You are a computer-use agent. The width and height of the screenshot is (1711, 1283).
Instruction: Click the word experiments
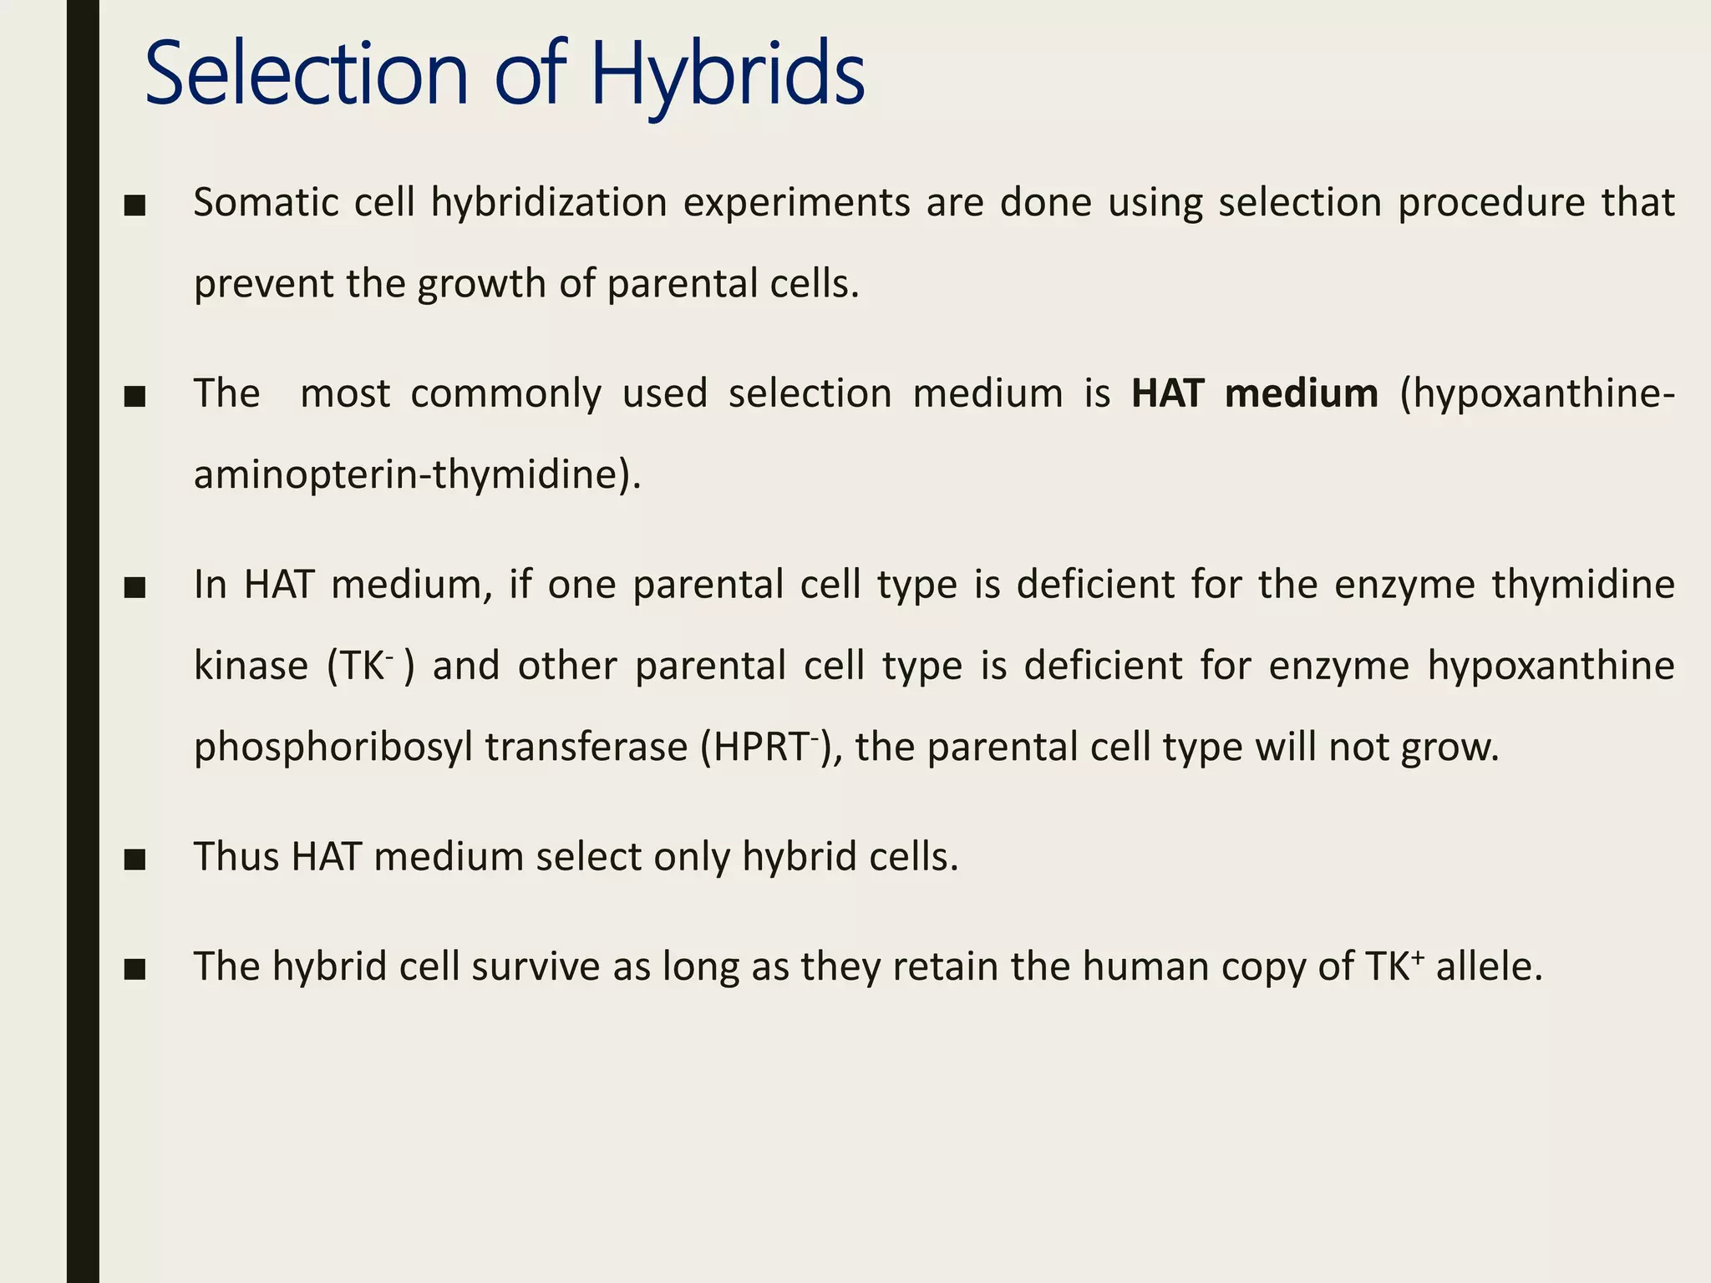[796, 203]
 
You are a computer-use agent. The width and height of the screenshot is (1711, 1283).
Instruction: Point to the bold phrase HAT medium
[1254, 393]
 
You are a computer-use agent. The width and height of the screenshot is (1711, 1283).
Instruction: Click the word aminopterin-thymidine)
[417, 474]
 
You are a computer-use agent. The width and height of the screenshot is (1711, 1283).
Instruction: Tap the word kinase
[251, 666]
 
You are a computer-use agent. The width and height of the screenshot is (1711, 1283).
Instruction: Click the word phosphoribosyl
[333, 747]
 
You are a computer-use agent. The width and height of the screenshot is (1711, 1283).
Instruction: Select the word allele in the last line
[1487, 966]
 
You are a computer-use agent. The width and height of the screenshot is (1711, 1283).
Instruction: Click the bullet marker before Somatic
[135, 205]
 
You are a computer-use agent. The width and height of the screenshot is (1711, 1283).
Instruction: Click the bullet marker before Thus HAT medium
[135, 859]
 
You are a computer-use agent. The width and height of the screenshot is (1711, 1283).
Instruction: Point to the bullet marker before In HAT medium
[135, 587]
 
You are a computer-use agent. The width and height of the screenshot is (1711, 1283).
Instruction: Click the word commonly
[505, 393]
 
